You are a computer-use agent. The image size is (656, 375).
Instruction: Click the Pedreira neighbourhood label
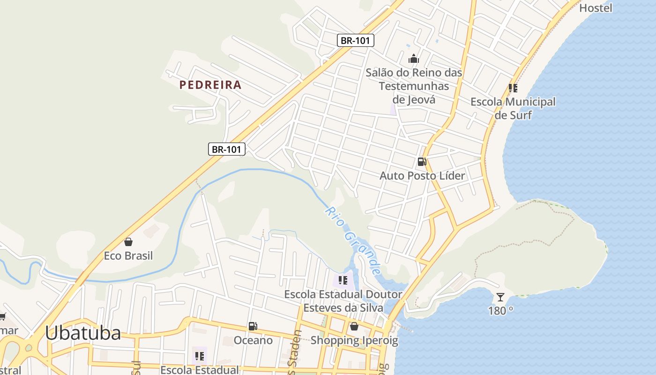pos(210,85)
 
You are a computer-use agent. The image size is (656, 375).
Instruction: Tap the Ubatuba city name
pos(83,333)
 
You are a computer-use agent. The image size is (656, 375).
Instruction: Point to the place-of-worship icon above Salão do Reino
pos(414,59)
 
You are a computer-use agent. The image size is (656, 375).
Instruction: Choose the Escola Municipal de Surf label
pos(513,108)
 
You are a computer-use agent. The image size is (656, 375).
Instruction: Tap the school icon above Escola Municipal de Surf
pos(513,88)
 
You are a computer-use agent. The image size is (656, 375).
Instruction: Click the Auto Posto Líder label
pos(422,176)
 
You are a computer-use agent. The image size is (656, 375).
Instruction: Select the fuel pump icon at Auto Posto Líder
pos(422,162)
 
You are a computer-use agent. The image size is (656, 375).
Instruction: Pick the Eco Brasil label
pos(128,256)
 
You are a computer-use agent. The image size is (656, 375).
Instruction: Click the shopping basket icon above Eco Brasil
pos(128,242)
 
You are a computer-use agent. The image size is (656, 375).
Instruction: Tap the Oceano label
pos(253,340)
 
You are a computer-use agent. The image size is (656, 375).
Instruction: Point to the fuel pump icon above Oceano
pos(253,326)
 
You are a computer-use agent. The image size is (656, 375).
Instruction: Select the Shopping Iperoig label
pos(354,340)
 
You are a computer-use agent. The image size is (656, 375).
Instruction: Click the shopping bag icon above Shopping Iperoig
pos(354,326)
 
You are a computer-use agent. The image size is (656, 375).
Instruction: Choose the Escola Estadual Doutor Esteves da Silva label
pos(343,301)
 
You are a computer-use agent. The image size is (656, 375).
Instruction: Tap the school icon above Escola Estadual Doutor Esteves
pos(343,280)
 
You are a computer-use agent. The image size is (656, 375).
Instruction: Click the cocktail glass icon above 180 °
pos(500,297)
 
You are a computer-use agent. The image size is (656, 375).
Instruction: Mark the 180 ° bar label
pos(500,311)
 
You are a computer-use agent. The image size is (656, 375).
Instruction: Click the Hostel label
pos(596,8)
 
